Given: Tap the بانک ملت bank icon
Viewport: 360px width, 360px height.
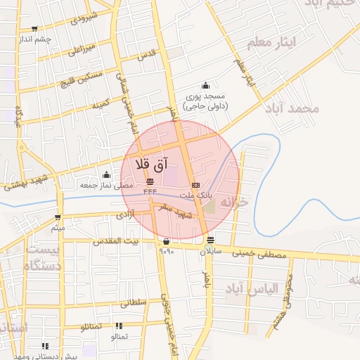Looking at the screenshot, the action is click(195, 185).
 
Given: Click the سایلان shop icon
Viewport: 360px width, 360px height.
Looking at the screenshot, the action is click(211, 240).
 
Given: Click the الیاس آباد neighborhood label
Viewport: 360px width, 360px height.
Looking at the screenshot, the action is click(252, 288).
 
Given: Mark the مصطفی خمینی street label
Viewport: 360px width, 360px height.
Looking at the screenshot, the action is click(262, 256).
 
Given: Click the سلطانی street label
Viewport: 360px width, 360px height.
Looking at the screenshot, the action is click(133, 304).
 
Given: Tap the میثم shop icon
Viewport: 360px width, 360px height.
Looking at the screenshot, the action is click(58, 217).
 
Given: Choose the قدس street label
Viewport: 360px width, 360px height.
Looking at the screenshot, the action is click(146, 54).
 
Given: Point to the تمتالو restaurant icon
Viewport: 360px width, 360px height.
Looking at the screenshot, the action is click(118, 326).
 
